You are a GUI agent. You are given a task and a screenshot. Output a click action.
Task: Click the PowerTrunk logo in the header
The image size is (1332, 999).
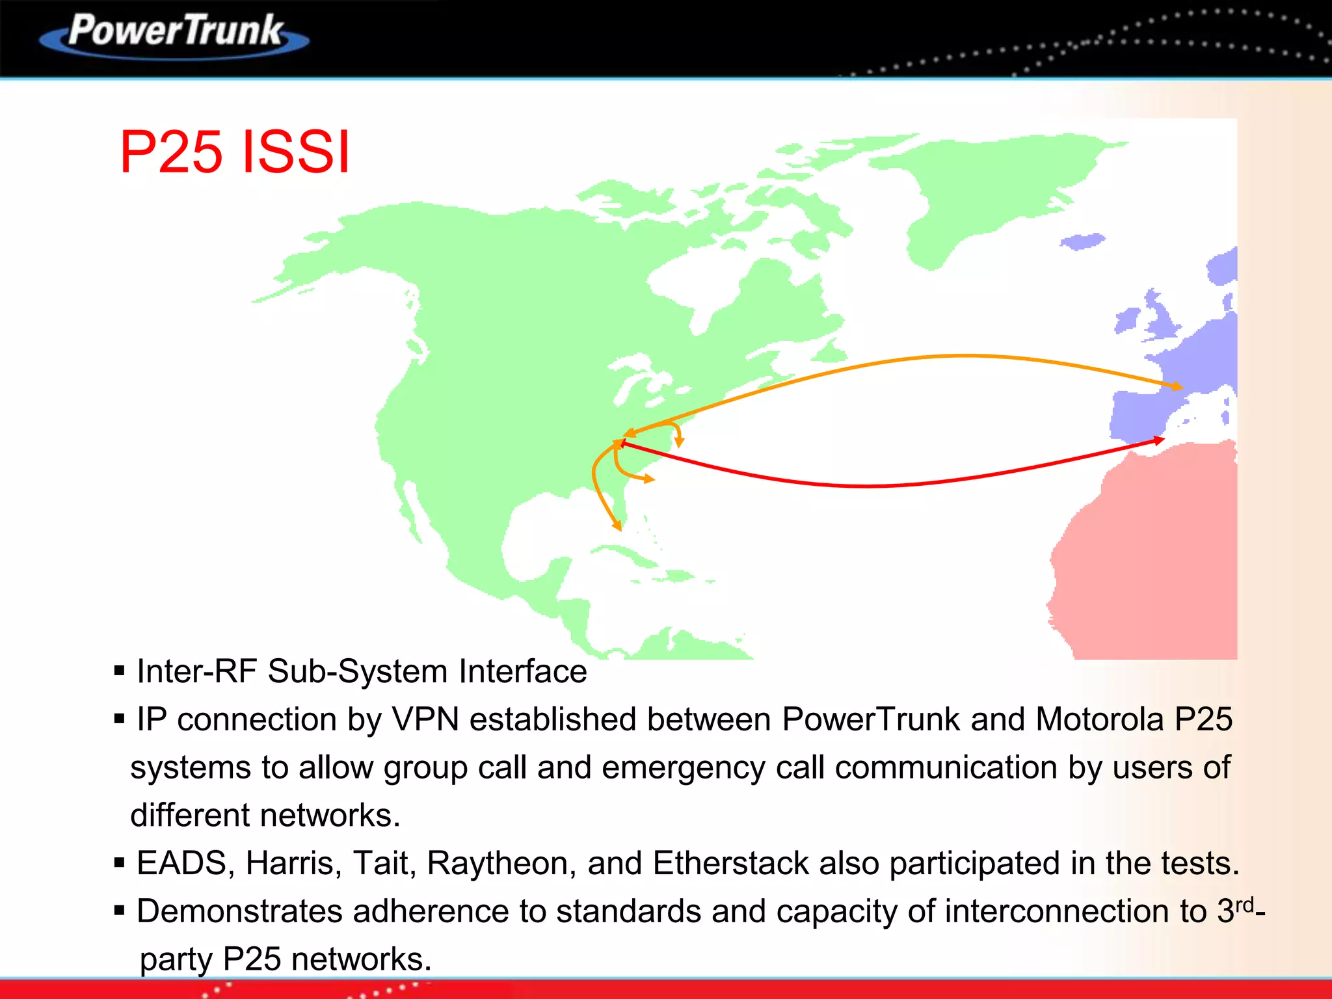click(x=176, y=34)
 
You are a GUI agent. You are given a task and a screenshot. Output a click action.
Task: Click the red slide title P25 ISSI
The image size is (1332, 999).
click(x=235, y=152)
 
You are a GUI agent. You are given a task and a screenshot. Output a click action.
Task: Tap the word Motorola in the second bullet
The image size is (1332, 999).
click(x=1099, y=720)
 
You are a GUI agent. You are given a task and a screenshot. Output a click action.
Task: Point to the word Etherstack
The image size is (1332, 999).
click(x=730, y=864)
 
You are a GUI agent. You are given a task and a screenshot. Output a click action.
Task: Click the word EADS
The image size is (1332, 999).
click(x=181, y=864)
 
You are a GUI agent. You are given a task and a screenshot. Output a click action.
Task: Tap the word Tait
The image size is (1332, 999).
click(x=384, y=864)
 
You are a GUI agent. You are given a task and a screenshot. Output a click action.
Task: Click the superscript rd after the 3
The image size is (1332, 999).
click(x=1244, y=904)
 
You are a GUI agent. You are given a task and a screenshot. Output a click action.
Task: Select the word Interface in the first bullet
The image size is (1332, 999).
click(x=523, y=672)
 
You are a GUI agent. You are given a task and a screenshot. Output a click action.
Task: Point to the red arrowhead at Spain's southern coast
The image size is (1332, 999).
click(x=1159, y=440)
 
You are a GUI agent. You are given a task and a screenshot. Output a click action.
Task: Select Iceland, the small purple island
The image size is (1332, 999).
click(x=1082, y=241)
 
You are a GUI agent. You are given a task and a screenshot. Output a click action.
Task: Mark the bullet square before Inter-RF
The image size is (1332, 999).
click(x=119, y=671)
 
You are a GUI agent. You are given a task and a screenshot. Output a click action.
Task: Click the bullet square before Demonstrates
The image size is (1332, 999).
click(x=119, y=911)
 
